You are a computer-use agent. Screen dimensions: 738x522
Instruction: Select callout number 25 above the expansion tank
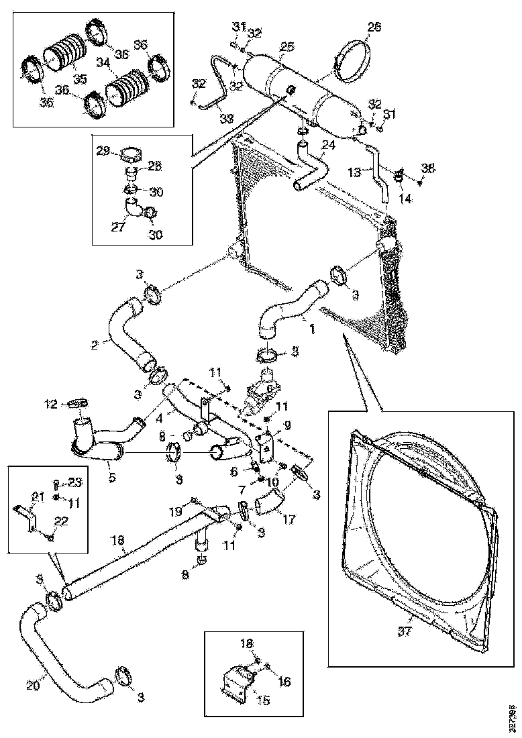[287, 47]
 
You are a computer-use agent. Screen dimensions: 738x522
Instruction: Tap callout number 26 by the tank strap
[374, 28]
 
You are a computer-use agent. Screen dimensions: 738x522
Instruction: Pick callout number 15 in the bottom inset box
[263, 700]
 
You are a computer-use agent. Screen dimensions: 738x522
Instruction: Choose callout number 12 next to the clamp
[52, 404]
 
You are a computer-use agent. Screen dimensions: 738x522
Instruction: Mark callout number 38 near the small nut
[427, 168]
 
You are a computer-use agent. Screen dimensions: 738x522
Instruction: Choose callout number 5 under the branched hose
[111, 477]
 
